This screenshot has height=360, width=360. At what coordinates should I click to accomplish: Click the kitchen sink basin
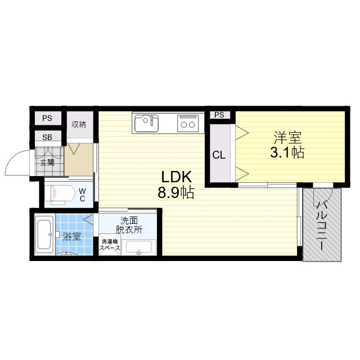(146, 123)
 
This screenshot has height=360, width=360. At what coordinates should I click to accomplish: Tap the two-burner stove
(188, 123)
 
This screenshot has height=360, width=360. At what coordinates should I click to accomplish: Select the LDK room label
(176, 177)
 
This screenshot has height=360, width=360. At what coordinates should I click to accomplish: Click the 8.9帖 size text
(176, 192)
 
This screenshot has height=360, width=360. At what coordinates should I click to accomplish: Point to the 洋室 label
(287, 137)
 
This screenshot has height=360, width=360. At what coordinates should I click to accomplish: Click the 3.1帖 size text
(287, 152)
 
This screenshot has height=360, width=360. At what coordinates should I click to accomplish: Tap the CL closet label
(219, 155)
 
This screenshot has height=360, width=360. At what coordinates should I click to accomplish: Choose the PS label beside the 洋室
(219, 115)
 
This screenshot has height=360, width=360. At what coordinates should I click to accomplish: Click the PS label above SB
(47, 118)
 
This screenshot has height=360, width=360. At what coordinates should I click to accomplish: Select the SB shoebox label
(47, 137)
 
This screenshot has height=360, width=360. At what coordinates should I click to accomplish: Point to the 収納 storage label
(79, 124)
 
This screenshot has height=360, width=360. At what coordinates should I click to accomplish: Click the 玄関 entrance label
(47, 163)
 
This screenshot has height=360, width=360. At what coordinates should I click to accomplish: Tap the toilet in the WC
(60, 194)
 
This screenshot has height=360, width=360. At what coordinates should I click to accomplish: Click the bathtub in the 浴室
(44, 234)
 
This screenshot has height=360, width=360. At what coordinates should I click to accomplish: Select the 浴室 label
(71, 236)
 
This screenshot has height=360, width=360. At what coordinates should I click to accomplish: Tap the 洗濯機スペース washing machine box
(110, 245)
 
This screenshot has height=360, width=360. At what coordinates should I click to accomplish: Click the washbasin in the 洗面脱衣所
(139, 247)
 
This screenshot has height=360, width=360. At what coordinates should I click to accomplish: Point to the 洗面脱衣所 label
(129, 225)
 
